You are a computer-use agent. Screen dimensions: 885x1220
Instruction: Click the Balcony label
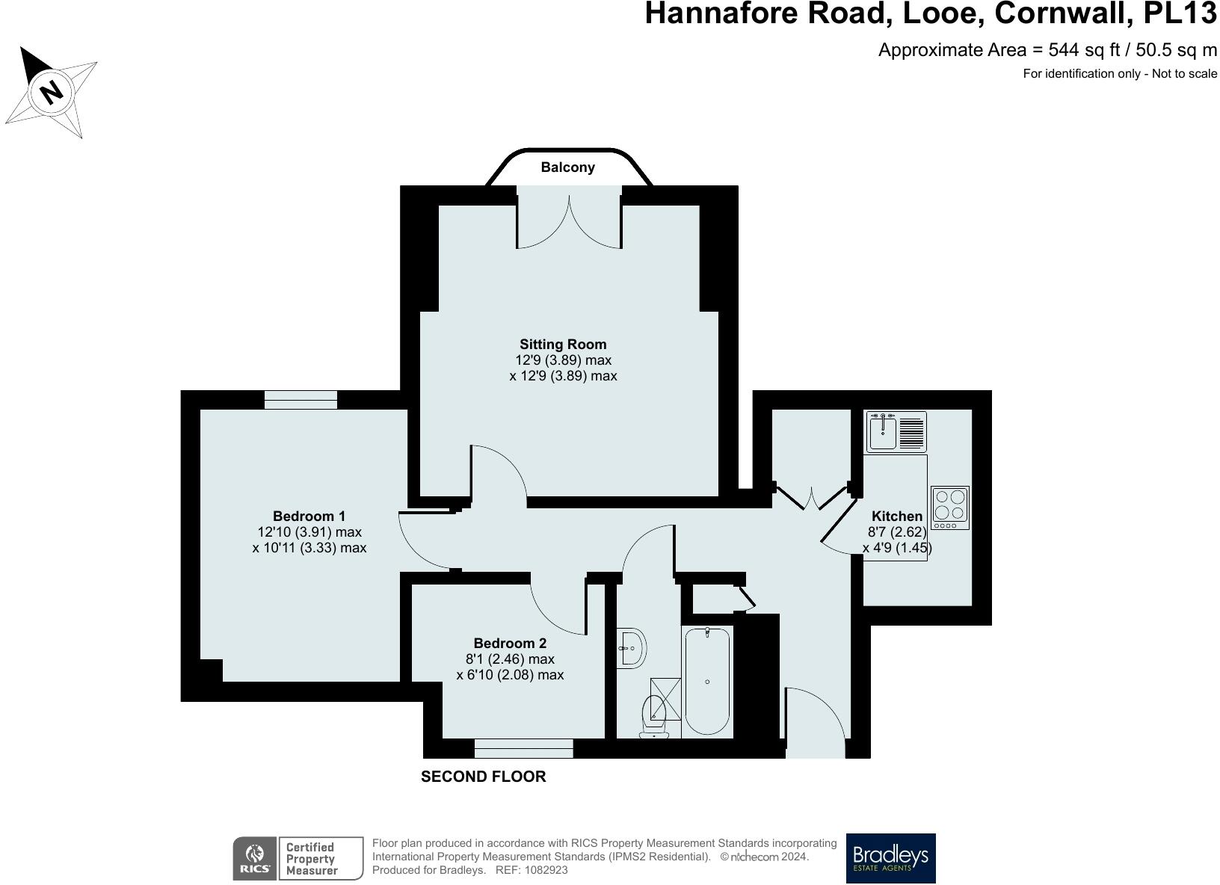click(x=567, y=167)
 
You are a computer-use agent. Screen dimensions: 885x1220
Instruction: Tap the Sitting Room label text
click(x=563, y=345)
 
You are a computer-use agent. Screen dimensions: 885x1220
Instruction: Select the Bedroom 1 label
click(x=309, y=516)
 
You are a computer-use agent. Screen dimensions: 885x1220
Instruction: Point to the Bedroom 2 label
click(x=510, y=644)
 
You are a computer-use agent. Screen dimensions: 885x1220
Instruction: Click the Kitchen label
click(x=896, y=516)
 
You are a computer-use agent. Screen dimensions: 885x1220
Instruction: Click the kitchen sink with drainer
click(x=896, y=432)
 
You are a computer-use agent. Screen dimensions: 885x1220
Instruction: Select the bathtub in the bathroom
click(x=706, y=681)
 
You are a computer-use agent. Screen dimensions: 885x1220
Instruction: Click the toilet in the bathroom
click(x=654, y=716)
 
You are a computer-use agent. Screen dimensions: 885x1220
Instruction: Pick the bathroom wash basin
click(x=632, y=648)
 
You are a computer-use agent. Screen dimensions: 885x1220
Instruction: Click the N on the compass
click(x=51, y=92)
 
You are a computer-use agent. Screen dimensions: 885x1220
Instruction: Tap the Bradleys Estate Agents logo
click(x=890, y=858)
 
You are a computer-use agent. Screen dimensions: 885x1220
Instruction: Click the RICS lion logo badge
click(x=255, y=858)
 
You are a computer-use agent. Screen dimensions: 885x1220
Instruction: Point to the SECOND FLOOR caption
click(x=483, y=777)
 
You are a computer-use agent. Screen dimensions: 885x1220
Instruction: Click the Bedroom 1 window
click(x=301, y=400)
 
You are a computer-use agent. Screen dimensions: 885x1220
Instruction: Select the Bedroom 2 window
click(x=523, y=748)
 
